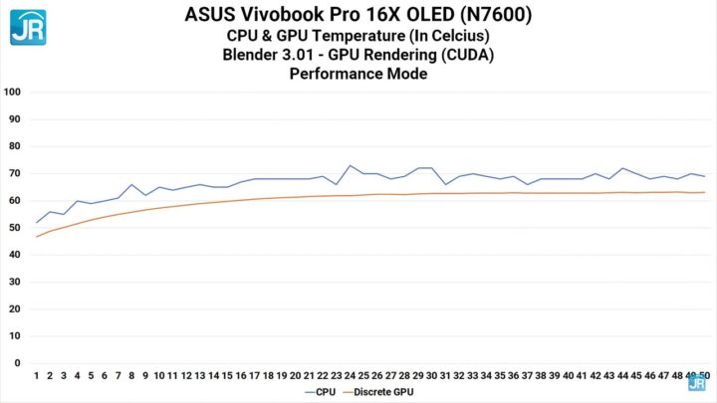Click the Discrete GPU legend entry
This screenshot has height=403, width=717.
384,392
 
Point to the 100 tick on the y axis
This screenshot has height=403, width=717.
14,92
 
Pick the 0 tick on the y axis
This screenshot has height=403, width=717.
19,363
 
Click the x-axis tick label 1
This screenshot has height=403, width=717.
37,376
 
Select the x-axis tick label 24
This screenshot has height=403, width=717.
350,376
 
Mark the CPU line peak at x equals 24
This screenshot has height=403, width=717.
350,165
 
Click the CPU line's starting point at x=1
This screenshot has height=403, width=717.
37,222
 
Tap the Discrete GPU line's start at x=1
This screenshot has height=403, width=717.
37,237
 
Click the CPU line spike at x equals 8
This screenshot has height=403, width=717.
132,184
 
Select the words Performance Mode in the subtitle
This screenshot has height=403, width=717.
358,74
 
